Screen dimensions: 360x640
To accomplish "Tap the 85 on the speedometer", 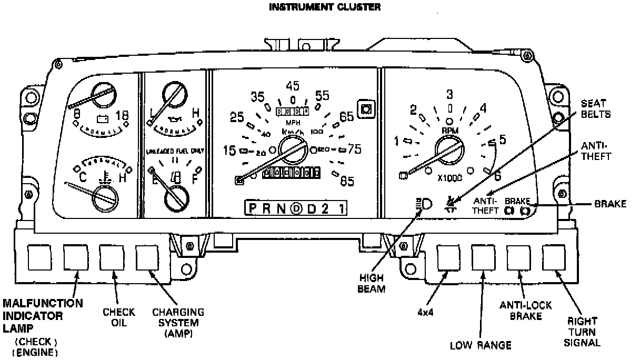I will [x=346, y=182].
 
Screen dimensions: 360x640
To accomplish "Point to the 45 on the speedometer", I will [x=293, y=86].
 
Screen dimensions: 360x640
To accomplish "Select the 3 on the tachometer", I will [x=449, y=94].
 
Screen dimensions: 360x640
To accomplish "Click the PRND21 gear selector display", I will [x=297, y=208].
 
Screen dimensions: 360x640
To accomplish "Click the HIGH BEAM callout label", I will [x=373, y=284].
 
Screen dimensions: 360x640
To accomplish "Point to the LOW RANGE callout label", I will [x=481, y=346].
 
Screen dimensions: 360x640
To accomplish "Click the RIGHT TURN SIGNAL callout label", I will [x=582, y=332].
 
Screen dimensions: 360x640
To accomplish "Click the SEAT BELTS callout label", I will [x=596, y=109].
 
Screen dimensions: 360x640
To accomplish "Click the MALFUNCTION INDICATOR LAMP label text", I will [x=42, y=316].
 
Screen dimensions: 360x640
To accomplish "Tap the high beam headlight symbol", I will [x=423, y=205].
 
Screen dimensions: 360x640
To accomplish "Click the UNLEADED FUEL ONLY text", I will [x=174, y=151].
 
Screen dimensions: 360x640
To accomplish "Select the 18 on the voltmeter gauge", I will [x=122, y=116].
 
